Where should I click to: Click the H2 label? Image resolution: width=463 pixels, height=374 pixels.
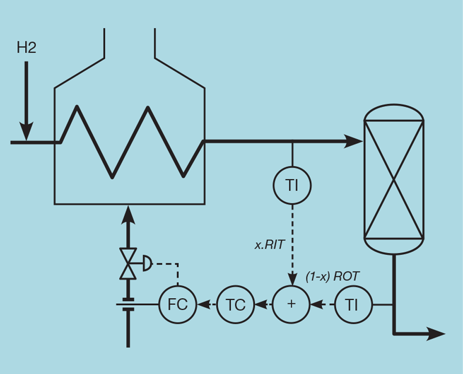[26, 48]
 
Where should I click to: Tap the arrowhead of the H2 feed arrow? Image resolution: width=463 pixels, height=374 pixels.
[26, 131]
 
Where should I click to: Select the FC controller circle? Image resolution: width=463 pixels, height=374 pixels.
[178, 305]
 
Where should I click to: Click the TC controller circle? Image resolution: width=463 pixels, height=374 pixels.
[235, 305]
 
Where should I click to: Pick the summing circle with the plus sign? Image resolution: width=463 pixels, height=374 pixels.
[292, 305]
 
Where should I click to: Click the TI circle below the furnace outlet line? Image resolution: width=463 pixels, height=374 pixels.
[292, 186]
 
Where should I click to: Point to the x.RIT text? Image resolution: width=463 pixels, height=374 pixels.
[270, 245]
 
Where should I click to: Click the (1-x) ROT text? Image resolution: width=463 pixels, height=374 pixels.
[333, 277]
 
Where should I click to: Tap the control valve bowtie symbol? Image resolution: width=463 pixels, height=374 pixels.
[128, 263]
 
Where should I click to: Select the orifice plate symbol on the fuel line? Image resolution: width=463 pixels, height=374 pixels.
[128, 305]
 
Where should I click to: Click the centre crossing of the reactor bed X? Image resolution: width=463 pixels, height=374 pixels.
[394, 179]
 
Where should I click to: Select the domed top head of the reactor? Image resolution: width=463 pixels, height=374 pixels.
[394, 111]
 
